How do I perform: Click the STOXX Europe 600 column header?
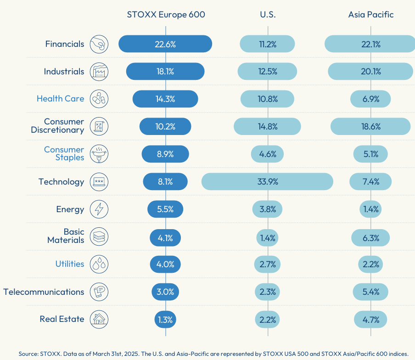166,15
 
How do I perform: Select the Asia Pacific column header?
371,15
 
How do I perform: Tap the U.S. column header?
268,15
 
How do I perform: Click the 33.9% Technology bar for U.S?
267,181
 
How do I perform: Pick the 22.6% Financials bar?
165,44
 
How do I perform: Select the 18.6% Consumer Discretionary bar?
370,127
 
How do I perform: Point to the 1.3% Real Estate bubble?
165,320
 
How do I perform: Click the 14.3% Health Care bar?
165,99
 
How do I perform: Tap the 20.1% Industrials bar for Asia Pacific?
370,72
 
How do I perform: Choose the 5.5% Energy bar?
165,209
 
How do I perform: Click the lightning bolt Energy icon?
99,209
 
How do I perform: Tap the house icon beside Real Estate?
99,319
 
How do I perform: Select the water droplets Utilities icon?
99,264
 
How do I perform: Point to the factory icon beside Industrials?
99,72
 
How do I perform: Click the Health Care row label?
60,99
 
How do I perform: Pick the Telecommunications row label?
44,292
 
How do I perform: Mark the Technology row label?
62,182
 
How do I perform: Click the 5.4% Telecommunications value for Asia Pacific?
370,292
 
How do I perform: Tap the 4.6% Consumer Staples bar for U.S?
267,154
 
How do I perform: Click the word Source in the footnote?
28,354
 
